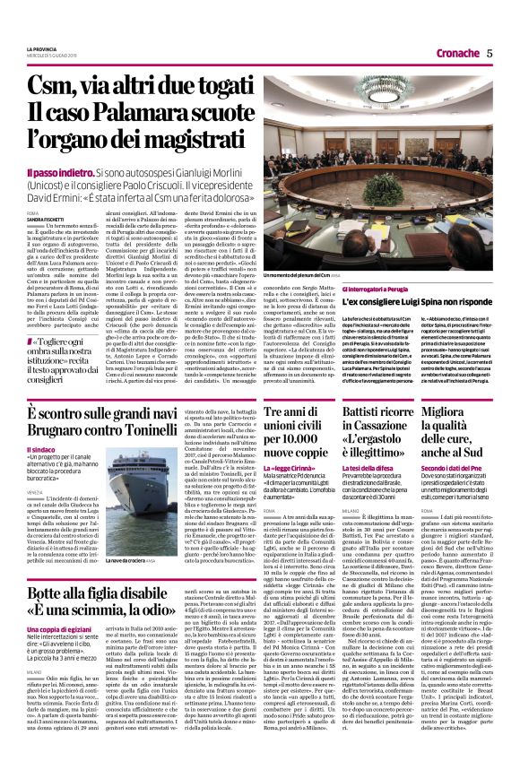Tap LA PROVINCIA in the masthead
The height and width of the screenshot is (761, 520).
coord(42,47)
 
